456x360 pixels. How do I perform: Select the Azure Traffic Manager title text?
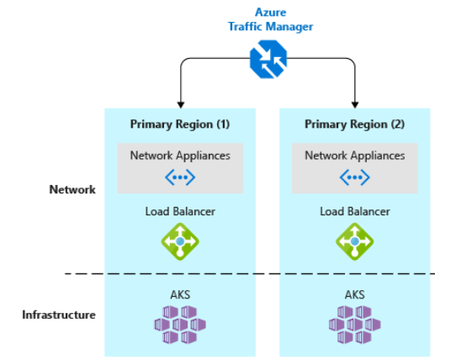pos(270,19)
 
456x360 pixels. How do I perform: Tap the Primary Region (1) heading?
pos(180,124)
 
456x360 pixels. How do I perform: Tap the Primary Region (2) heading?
pos(354,124)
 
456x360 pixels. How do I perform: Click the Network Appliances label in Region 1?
pos(180,156)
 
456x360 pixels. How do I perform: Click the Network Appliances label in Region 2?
pos(354,156)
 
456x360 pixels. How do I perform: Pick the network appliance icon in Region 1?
pos(180,177)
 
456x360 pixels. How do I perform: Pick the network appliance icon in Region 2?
pos(354,177)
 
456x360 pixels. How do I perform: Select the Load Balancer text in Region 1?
pos(180,211)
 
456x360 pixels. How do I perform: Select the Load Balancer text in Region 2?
pos(354,211)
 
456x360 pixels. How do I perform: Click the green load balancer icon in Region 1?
pos(180,242)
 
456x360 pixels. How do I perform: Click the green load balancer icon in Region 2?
pos(354,242)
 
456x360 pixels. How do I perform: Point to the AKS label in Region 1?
pos(180,294)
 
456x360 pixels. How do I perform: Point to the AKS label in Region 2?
pos(354,294)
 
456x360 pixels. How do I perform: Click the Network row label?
pos(72,190)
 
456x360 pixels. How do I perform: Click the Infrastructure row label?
pos(59,315)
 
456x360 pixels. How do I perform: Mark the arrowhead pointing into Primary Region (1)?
pos(180,103)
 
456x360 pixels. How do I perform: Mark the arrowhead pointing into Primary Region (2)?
pos(354,103)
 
